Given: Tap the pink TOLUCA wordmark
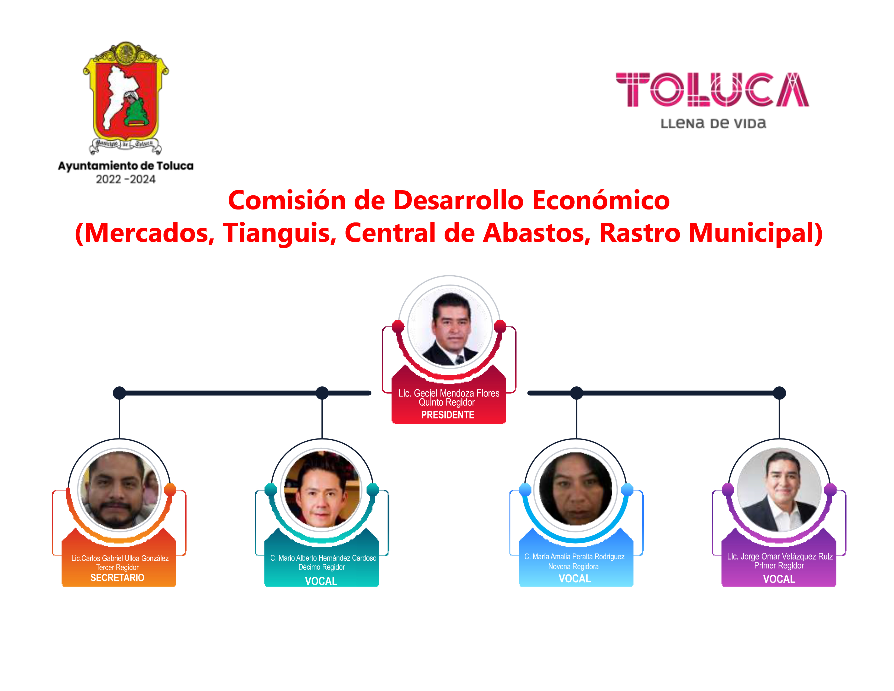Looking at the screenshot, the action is point(712,90).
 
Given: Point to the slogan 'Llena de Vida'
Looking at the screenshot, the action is point(713,123).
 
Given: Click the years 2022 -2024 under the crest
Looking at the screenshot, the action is point(126,179).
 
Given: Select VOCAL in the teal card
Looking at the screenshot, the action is point(321,581).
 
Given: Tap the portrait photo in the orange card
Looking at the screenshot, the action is point(119,490).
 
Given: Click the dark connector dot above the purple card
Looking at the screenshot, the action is point(779,393).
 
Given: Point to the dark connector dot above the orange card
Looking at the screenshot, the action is point(119,393).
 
